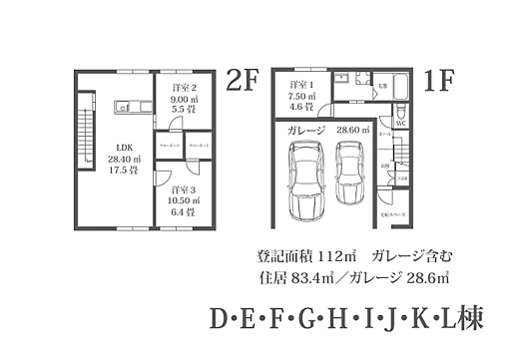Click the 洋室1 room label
click(x=301, y=84)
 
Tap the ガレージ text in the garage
click(x=306, y=130)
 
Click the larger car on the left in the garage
click(x=303, y=182)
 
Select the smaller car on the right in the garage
click(x=350, y=172)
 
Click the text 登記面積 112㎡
click(x=291, y=253)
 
